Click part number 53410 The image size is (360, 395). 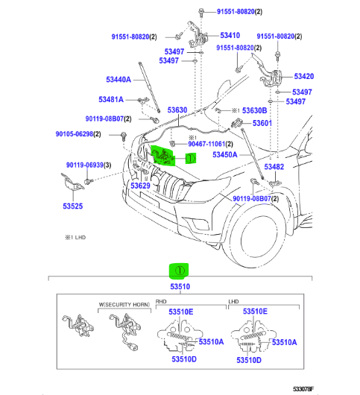point(230,35)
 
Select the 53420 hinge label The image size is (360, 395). point(304,76)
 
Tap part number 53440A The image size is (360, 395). point(119,80)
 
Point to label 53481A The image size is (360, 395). point(111,100)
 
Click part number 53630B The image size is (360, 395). point(254,110)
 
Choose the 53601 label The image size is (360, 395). point(262,123)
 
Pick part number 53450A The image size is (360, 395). point(224,155)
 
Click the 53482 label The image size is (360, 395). point(274,167)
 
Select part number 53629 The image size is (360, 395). point(140,186)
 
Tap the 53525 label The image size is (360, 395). point(72,206)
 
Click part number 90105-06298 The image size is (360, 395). point(75,134)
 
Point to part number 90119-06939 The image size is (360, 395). point(85,165)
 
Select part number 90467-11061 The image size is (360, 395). point(206,144)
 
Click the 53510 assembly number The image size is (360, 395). point(180,287)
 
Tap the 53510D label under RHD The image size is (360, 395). point(184,359)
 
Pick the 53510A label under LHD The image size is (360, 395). point(285,342)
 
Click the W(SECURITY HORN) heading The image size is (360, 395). point(124,305)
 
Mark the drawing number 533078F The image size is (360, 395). point(303,389)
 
